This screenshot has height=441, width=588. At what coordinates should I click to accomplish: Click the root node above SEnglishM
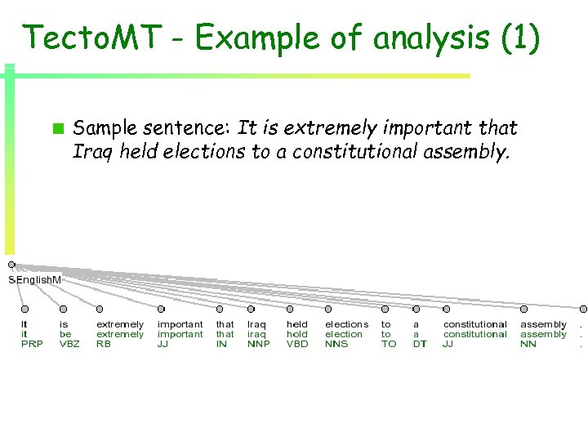[x=11, y=265]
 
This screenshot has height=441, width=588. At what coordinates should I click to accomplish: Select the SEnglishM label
[x=34, y=280]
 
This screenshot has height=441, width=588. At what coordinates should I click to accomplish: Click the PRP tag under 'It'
[x=31, y=345]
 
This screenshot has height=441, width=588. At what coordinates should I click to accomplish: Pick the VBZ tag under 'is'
[x=69, y=345]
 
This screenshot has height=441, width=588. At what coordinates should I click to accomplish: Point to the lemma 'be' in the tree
[x=65, y=334]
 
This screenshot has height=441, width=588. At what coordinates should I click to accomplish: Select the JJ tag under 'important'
[x=163, y=345]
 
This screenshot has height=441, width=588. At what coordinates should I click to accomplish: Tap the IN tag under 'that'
[x=221, y=345]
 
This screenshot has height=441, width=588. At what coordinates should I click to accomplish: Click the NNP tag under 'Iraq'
[x=258, y=345]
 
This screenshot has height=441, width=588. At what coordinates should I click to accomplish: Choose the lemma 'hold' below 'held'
[x=296, y=334]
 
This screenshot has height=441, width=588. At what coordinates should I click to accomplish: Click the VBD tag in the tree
[x=298, y=345]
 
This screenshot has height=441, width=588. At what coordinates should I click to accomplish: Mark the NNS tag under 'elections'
[x=336, y=345]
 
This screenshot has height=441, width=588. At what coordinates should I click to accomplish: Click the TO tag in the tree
[x=389, y=345]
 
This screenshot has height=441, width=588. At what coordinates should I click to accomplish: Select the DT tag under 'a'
[x=419, y=345]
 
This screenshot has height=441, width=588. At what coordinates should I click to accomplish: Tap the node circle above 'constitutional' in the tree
[x=446, y=310]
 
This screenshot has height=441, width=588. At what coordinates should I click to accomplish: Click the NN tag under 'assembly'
[x=528, y=345]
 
